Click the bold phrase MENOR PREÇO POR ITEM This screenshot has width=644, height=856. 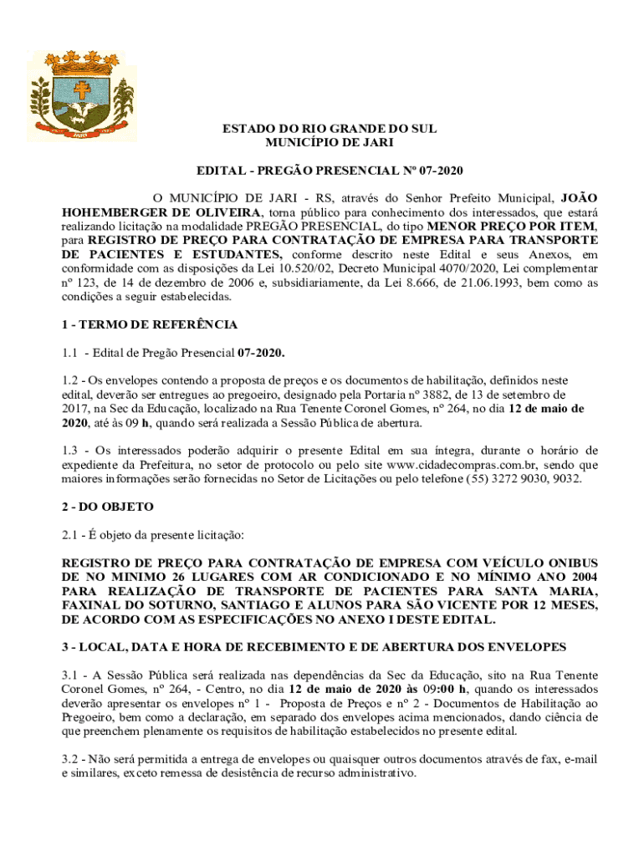511,226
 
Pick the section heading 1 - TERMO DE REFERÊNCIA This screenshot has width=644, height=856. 150,324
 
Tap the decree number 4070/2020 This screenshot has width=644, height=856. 473,269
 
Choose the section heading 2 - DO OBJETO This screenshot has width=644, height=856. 108,507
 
